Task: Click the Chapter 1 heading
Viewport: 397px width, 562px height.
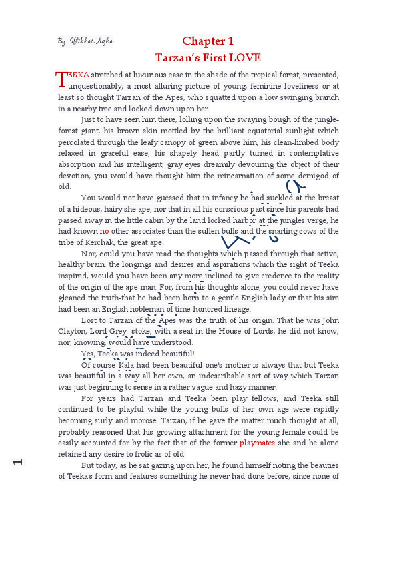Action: click(x=208, y=41)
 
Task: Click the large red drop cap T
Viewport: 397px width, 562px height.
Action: click(x=62, y=79)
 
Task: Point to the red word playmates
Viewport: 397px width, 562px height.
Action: click(x=257, y=443)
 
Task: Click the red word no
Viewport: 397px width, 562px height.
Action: click(x=104, y=231)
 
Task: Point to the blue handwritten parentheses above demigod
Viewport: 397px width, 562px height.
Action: click(x=295, y=187)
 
